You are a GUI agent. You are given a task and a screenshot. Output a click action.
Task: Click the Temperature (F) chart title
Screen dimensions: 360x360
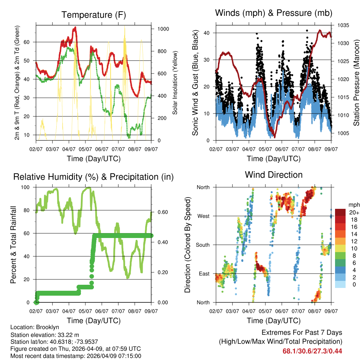(x=94, y=15)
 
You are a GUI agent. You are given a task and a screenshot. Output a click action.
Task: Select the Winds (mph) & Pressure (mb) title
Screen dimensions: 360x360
(x=274, y=13)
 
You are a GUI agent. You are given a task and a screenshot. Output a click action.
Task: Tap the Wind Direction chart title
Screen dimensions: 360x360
(x=274, y=174)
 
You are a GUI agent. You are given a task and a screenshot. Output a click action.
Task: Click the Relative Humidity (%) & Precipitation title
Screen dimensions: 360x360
(x=94, y=177)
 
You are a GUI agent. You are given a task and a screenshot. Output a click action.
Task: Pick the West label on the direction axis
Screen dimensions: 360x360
(x=203, y=216)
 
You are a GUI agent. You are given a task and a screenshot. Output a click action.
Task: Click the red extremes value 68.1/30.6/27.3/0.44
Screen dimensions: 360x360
(x=312, y=351)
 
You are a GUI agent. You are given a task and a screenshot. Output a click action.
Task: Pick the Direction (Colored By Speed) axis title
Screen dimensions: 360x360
(x=187, y=245)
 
